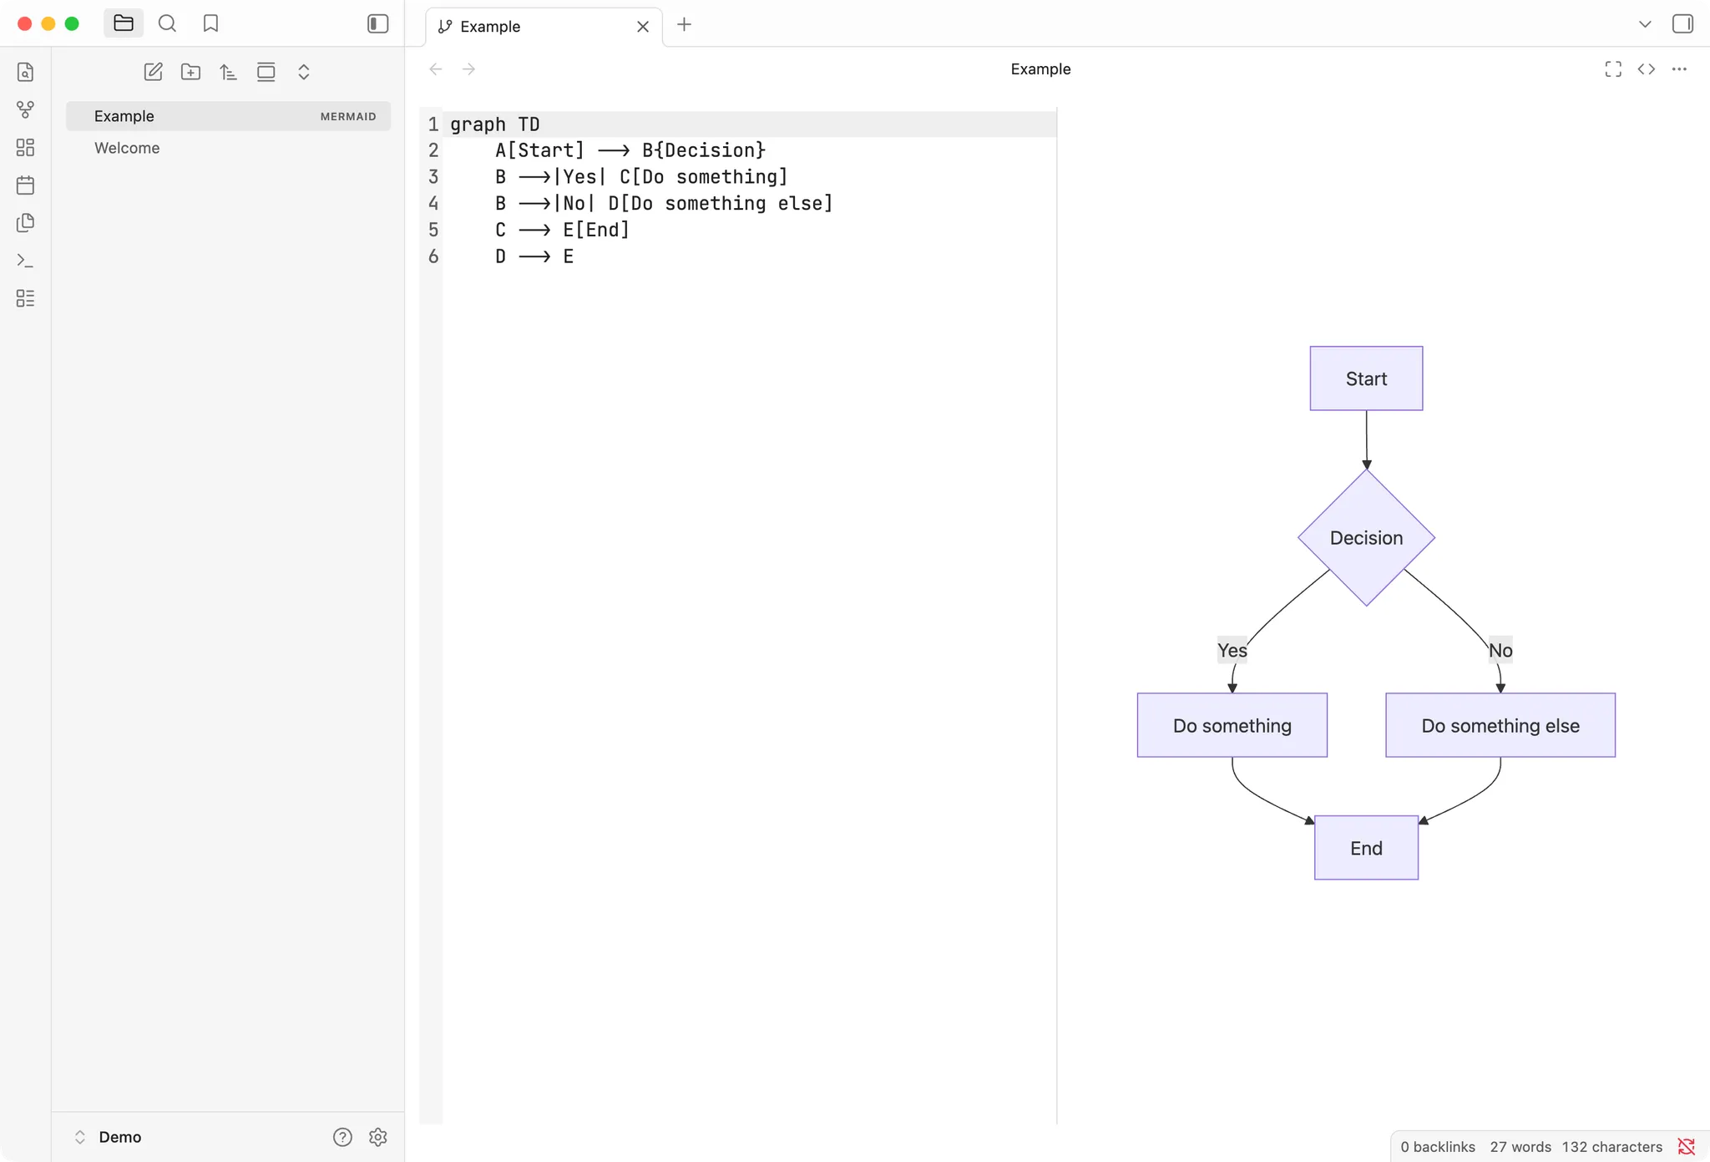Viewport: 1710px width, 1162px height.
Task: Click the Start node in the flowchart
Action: (x=1366, y=378)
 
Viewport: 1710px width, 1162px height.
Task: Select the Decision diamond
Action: (x=1366, y=537)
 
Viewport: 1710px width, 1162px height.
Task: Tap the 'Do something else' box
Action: (x=1500, y=725)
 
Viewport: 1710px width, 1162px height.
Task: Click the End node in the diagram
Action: (x=1366, y=848)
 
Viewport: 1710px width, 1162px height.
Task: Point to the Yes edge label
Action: (x=1232, y=650)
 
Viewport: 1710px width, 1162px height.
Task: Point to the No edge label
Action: (x=1500, y=650)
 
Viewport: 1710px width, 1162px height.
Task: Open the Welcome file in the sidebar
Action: (x=127, y=148)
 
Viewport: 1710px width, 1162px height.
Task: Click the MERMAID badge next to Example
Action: (x=348, y=116)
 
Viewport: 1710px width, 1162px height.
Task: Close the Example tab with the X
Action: (x=643, y=27)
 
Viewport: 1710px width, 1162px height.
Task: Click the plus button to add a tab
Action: (x=684, y=25)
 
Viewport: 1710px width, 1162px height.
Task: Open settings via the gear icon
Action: (x=378, y=1137)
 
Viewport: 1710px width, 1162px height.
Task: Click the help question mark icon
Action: (x=342, y=1137)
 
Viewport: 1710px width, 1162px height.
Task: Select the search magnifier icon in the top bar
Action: (x=167, y=23)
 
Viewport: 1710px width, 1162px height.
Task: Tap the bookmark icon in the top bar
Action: (x=210, y=23)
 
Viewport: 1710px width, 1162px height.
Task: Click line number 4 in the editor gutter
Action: (x=433, y=203)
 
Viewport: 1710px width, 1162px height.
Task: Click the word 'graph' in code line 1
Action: (x=478, y=124)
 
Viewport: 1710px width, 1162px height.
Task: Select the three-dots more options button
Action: (x=1679, y=69)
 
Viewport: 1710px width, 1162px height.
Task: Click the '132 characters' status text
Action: (x=1611, y=1147)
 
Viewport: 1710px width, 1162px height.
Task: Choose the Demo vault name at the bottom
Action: (x=120, y=1137)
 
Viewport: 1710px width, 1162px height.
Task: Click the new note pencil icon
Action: (x=153, y=72)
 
